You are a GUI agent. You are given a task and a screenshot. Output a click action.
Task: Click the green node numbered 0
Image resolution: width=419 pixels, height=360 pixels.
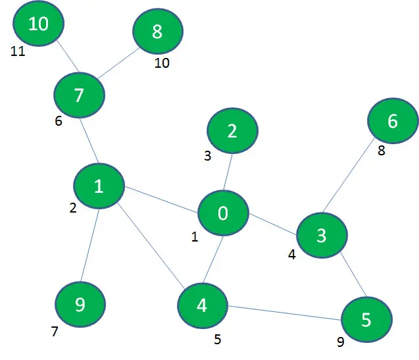coord(224,213)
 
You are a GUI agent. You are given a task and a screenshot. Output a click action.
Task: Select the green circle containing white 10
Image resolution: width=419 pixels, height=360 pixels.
coord(38,24)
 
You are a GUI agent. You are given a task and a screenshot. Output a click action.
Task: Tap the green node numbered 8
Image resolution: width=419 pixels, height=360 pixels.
coord(158,31)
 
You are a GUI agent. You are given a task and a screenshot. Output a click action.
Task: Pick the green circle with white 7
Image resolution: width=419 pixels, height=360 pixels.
coord(80,95)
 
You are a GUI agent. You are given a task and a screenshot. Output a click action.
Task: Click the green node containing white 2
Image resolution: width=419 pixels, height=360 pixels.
coord(232,131)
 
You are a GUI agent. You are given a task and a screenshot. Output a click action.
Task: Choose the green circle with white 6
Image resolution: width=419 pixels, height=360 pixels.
coord(393,121)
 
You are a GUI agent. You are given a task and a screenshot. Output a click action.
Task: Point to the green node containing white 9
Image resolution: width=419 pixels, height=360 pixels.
coord(80,305)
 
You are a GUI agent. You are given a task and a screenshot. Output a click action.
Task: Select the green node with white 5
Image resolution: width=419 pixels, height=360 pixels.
coord(366,320)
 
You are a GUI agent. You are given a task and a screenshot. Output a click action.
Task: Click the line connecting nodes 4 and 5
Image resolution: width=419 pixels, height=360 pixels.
coord(284,313)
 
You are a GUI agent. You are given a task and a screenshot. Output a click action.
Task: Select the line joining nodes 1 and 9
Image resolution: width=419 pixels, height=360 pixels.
coord(90,245)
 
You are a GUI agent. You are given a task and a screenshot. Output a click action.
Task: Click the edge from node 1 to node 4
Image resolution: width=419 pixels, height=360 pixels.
coord(151,246)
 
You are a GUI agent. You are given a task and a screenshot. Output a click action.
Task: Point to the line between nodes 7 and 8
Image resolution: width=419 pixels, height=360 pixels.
coord(118,63)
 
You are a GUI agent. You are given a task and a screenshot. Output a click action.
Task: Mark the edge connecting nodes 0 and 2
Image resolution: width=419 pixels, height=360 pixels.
coord(228,172)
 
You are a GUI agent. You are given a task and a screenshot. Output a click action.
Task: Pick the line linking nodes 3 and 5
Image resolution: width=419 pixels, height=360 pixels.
coord(353,274)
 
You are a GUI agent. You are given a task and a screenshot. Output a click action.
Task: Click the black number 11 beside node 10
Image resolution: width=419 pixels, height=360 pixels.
coord(18,51)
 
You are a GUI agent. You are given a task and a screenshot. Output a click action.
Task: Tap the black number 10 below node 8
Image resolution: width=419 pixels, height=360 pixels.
coord(162,63)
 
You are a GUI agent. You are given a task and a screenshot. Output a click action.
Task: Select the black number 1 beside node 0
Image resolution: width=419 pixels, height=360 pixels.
coord(195,237)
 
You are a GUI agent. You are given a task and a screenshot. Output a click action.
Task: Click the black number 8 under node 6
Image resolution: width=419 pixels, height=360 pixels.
coord(382,150)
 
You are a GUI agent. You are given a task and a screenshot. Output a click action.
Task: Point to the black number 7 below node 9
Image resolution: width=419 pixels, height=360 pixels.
coord(55,332)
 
